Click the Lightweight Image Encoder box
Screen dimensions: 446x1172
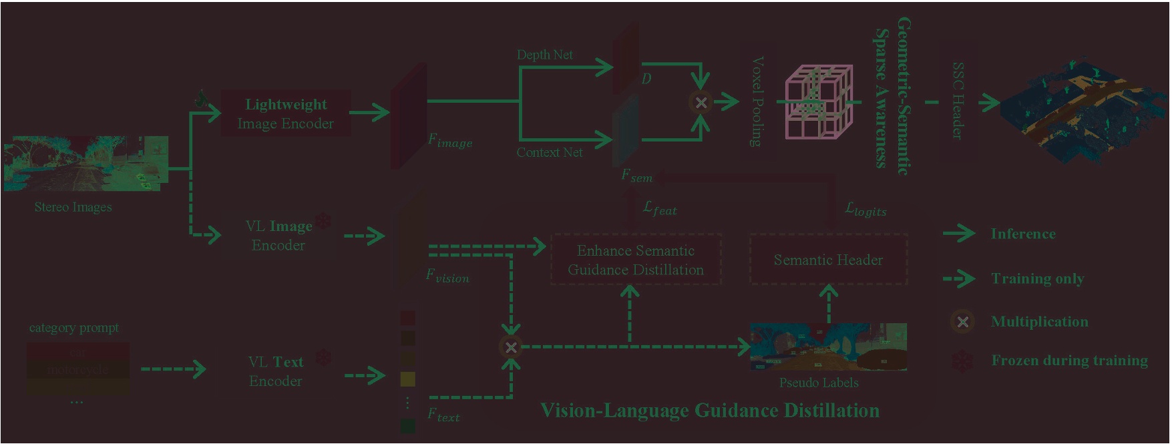286,114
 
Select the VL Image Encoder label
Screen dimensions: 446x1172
278,236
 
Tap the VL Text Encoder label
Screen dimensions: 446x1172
276,371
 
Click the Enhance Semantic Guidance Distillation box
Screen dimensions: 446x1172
636,260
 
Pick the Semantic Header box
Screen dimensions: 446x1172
828,260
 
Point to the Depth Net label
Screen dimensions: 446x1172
544,55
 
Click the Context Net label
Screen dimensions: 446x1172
549,152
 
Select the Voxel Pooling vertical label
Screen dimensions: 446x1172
757,101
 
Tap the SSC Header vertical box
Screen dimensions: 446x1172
958,101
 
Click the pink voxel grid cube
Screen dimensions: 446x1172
818,101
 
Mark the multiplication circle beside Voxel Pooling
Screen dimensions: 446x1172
701,102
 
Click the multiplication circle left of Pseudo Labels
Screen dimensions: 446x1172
511,347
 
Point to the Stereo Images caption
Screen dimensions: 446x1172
73,207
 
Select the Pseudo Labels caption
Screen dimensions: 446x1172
819,383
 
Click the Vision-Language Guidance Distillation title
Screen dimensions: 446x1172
709,410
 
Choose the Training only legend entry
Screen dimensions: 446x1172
1037,278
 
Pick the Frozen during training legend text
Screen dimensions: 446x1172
1069,361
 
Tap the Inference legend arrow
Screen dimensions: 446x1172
960,234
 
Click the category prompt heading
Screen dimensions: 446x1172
73,328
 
